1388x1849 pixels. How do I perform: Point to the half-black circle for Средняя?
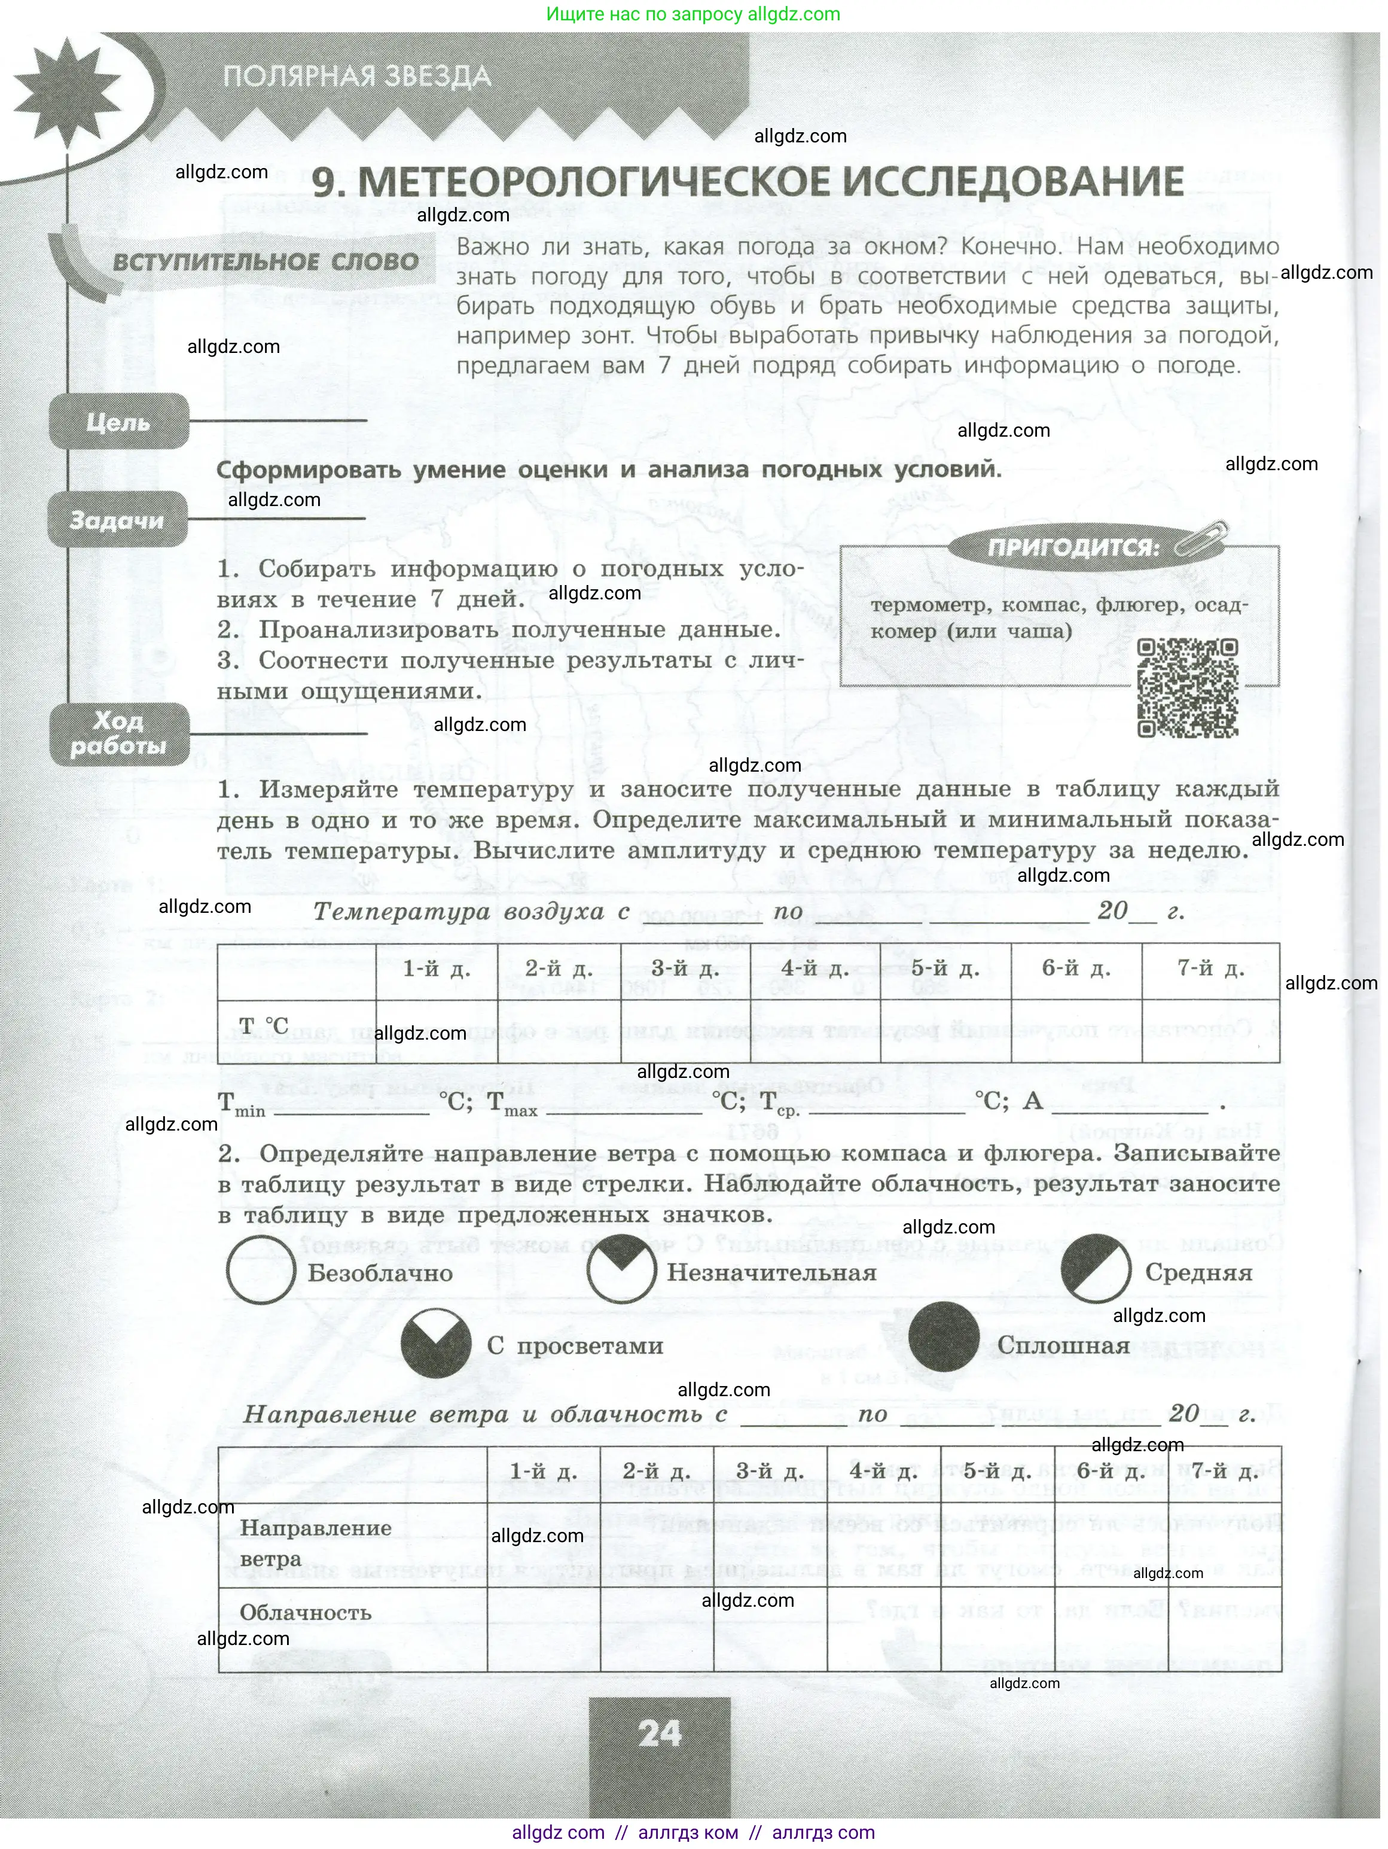(x=1096, y=1269)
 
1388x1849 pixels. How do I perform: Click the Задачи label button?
(x=117, y=520)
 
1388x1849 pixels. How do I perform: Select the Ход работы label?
(x=118, y=733)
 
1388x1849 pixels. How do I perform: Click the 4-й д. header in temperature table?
(x=815, y=970)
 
